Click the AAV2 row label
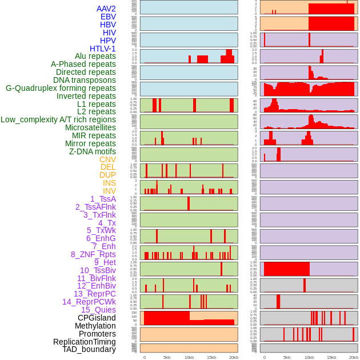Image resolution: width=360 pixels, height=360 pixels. [106, 9]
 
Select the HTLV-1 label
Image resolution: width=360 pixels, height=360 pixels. [103, 49]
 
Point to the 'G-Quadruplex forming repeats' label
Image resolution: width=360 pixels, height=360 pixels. [61, 88]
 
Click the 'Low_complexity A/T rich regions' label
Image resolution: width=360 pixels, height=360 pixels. [58, 119]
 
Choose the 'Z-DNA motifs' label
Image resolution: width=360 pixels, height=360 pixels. [93, 151]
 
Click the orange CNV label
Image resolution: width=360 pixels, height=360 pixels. [107, 159]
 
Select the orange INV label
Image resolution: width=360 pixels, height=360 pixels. [109, 191]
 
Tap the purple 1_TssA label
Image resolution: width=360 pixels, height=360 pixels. [103, 199]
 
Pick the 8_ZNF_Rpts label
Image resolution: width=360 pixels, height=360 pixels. [93, 254]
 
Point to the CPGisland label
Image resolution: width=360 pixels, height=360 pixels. [97, 318]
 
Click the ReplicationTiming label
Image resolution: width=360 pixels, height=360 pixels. [85, 342]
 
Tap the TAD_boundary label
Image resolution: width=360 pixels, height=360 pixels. [89, 349]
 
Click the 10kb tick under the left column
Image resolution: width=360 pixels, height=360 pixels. [189, 357]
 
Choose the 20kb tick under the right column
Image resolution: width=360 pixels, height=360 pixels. [354, 357]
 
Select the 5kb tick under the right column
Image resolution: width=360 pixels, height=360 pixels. [286, 357]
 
